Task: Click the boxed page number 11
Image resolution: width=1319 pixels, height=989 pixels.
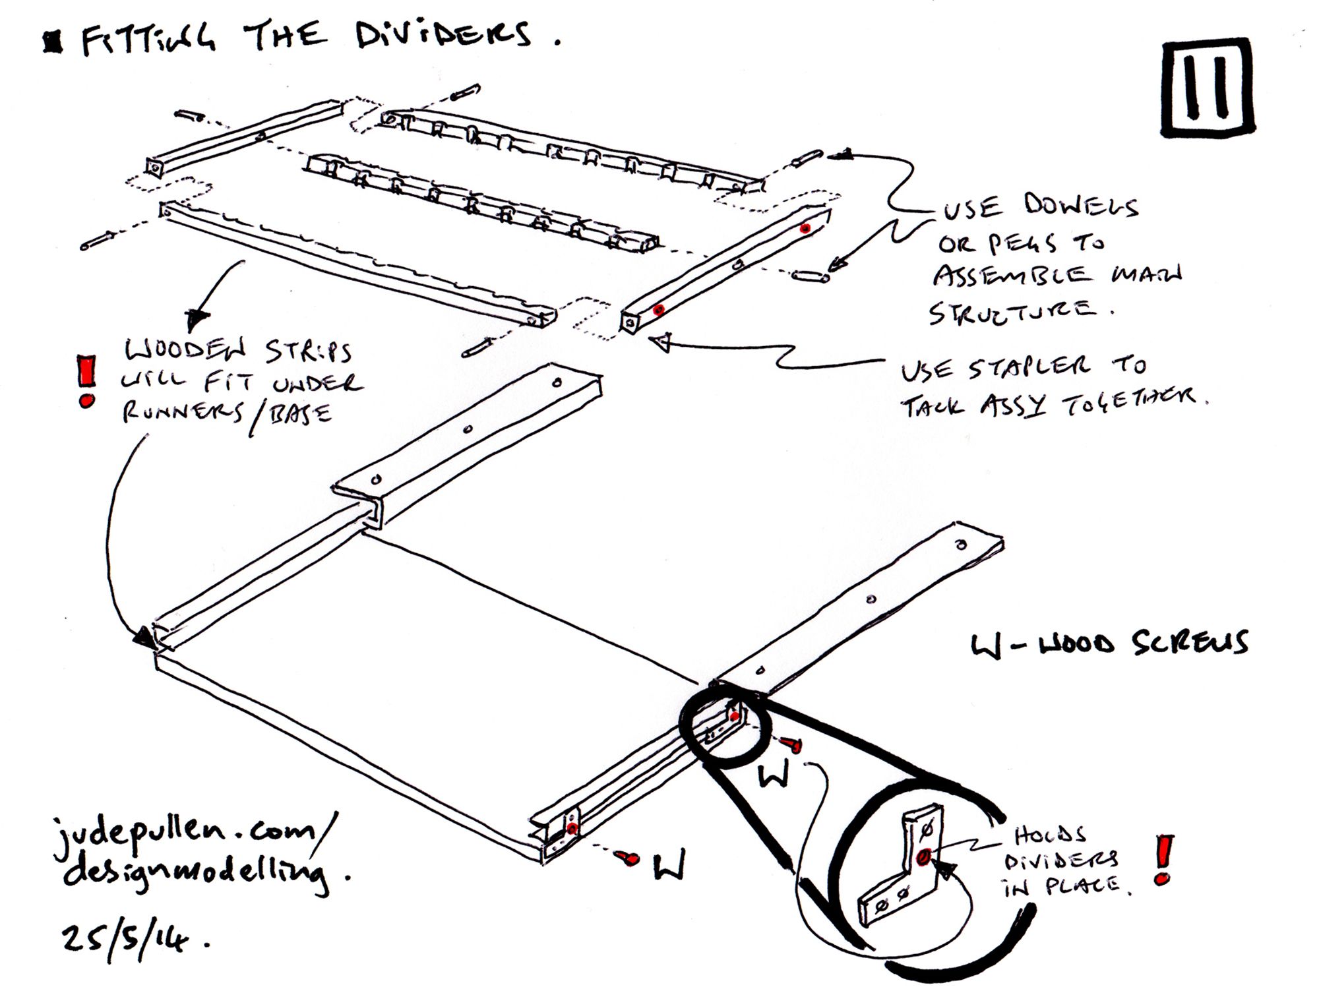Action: [x=1208, y=87]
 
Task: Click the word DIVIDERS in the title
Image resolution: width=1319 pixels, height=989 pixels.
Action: [x=443, y=34]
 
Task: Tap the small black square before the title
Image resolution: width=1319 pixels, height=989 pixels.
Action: [x=52, y=44]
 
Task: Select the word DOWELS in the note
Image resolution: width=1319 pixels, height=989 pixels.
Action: [x=1081, y=206]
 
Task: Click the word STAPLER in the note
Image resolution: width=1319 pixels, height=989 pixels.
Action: [x=1028, y=368]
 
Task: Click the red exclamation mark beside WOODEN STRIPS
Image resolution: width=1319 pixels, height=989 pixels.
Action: [x=86, y=381]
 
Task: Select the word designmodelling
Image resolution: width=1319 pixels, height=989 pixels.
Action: [x=198, y=874]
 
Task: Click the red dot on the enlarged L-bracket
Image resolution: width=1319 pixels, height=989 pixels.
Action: [x=923, y=856]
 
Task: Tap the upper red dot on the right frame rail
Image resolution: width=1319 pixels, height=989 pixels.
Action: [x=805, y=228]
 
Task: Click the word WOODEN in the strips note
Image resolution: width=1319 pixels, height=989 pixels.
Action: [x=185, y=350]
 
